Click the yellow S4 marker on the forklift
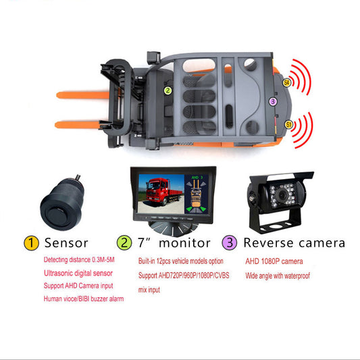286,82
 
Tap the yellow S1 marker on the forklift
288,125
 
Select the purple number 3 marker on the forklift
273,101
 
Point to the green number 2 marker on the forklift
168,91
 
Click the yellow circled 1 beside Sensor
31,243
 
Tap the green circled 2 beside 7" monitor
124,243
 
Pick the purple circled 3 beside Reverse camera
230,242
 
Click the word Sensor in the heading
66,243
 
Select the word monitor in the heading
184,243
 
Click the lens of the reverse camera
282,195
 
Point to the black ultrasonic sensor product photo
61,203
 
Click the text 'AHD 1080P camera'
274,261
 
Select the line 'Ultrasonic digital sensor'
78,274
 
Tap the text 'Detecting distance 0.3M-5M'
79,259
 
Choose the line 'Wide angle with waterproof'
278,276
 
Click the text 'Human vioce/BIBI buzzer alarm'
84,299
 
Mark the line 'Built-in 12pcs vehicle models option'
181,261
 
